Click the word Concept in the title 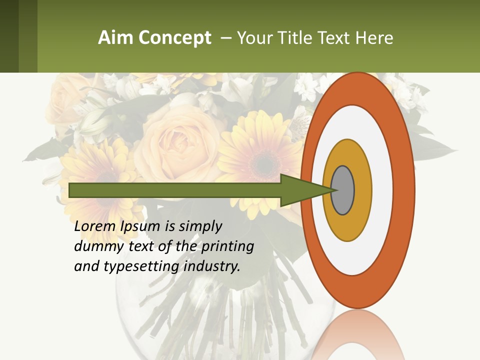point(175,38)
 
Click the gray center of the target point(342,190)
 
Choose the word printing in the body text point(227,246)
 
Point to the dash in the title point(225,38)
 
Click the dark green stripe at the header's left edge point(9,36)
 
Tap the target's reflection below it point(358,335)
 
